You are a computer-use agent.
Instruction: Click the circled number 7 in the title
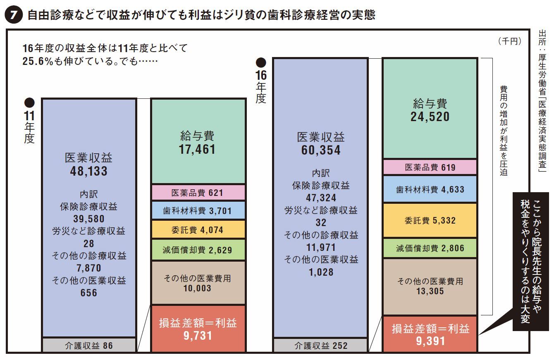[12, 15]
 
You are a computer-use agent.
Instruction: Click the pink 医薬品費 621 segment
[198, 193]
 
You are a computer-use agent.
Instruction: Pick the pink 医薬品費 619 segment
[430, 167]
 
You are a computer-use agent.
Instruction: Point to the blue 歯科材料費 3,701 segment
[198, 210]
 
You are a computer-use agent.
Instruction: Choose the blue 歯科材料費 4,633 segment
[430, 189]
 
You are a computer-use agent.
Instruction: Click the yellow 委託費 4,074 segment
[198, 229]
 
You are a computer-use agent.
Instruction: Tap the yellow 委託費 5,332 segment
[430, 220]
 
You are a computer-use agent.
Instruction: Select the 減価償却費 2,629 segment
[198, 250]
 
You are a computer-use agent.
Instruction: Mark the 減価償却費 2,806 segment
[430, 248]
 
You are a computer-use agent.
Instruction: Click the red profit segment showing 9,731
[198, 329]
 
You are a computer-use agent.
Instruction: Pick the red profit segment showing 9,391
[430, 334]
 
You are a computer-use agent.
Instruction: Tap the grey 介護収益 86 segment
[89, 345]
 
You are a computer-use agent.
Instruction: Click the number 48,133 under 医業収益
[88, 171]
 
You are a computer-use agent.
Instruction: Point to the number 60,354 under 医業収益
[320, 150]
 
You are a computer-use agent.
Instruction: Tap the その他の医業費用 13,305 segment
[430, 286]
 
